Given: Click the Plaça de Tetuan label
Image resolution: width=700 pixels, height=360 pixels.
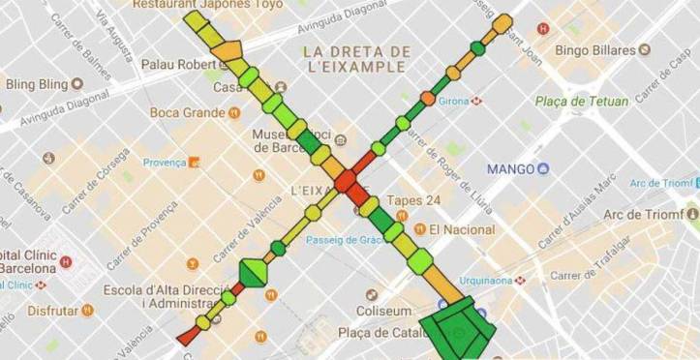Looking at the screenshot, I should coord(582,102).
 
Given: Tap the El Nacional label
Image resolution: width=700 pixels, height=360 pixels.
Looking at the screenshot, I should coord(462,229).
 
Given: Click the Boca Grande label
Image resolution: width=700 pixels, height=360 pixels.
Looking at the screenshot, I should coord(188,112).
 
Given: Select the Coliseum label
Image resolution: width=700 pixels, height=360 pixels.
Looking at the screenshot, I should coord(382,311).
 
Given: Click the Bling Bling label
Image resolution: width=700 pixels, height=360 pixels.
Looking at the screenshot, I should coord(34,84).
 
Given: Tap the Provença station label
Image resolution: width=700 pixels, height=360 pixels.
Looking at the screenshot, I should coord(164,162).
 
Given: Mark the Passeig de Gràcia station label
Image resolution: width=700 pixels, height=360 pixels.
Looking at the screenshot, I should coord(346,240).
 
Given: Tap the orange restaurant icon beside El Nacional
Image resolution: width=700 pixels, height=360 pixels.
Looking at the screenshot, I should coord(419,229).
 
